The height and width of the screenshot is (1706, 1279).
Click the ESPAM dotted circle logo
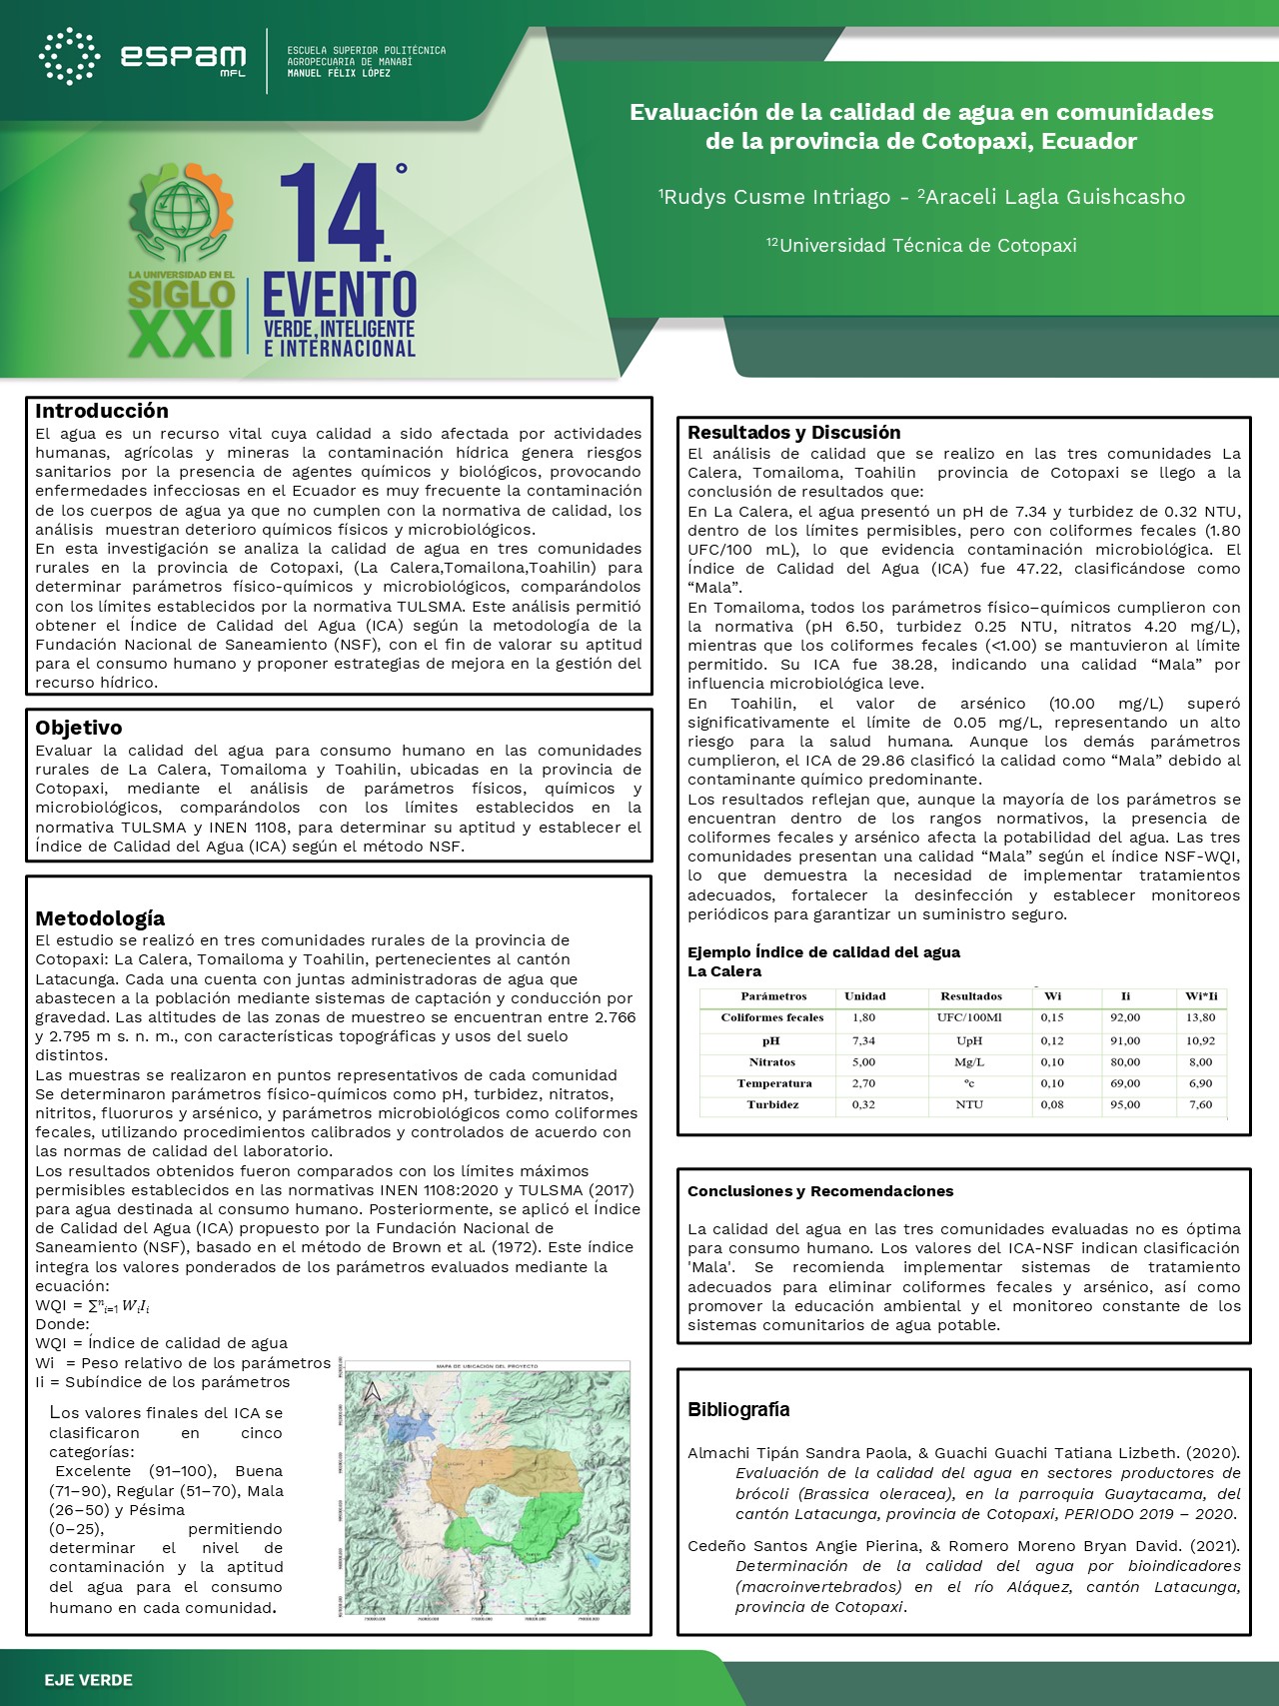[x=69, y=56]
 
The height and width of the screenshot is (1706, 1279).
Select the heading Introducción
[x=102, y=411]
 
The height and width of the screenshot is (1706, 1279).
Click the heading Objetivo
[x=79, y=728]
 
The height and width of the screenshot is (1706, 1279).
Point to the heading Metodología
[x=100, y=918]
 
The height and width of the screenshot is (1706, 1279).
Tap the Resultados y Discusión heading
[x=793, y=433]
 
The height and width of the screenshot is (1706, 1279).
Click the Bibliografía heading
[x=738, y=1409]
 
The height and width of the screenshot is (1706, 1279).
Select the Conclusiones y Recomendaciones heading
[x=820, y=1191]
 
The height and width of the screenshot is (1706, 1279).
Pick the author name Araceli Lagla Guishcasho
[x=1054, y=197]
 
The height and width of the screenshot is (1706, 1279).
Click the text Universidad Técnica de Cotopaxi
[x=926, y=245]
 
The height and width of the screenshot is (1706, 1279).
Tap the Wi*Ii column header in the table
[x=1201, y=996]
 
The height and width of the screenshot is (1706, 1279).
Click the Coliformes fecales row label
[x=772, y=1017]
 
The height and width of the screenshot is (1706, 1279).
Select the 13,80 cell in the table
[x=1200, y=1017]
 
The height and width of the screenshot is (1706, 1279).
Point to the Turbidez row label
[x=772, y=1104]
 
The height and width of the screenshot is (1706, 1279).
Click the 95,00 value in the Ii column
[x=1125, y=1104]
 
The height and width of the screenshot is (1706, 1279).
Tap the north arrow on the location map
[x=372, y=1391]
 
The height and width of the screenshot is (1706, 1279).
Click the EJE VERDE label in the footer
[x=88, y=1680]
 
